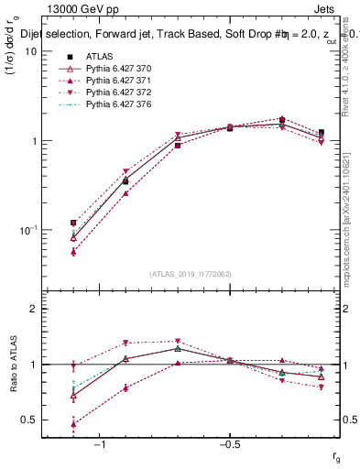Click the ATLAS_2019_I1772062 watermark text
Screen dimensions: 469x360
(x=190, y=274)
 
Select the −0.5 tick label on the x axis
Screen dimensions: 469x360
(x=227, y=445)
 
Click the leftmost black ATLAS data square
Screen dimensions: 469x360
(x=73, y=223)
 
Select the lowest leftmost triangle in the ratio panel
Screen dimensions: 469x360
(x=73, y=424)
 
